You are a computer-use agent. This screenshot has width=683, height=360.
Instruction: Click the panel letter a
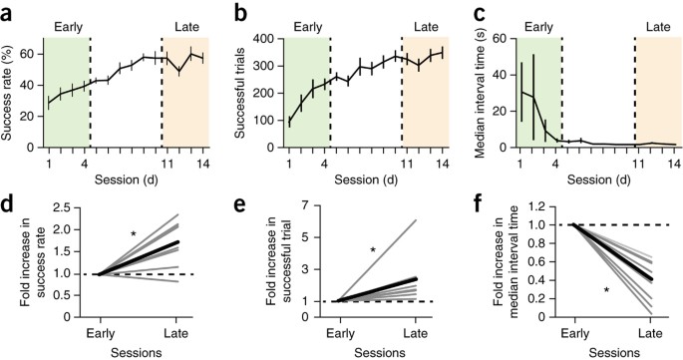(8, 12)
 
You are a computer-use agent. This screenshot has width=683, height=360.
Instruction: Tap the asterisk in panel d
(133, 234)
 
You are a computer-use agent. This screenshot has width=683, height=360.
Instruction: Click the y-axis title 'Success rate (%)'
(11, 88)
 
